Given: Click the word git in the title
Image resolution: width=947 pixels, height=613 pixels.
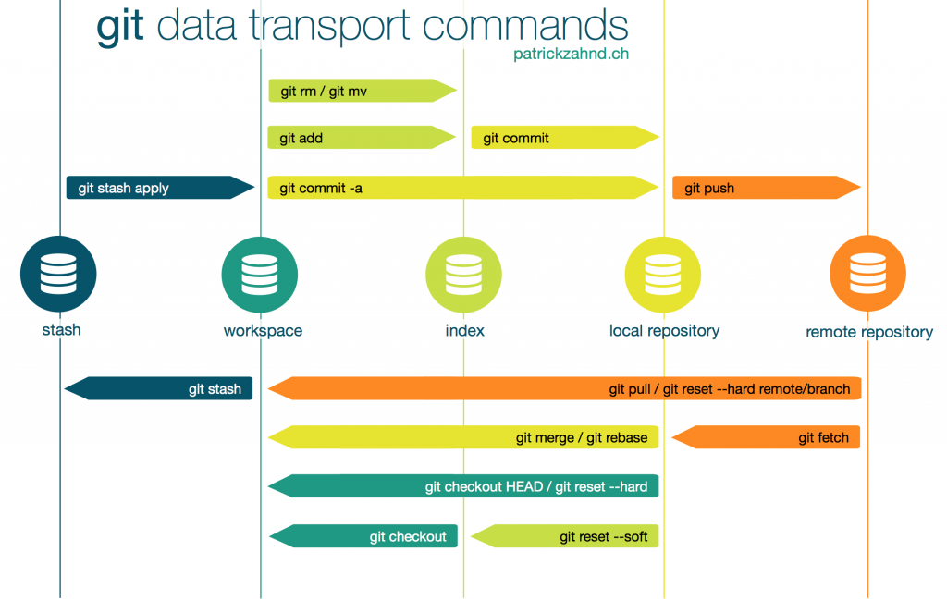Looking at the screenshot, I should (x=120, y=27).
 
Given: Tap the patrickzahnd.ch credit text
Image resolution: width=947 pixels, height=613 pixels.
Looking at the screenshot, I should (x=571, y=55).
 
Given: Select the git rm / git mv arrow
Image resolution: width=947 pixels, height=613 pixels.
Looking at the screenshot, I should (x=361, y=90).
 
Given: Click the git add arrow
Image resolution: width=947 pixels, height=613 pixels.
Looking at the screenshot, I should (x=361, y=138).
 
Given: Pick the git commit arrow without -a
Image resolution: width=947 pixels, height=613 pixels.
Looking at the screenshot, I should (x=564, y=138).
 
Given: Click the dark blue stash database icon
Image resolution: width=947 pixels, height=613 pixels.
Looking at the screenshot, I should (x=58, y=275).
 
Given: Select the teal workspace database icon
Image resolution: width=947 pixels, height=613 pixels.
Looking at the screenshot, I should (x=260, y=275).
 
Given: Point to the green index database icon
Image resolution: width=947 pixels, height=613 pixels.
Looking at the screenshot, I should (x=463, y=275).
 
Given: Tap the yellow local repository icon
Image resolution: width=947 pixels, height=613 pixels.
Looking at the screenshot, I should (x=663, y=275).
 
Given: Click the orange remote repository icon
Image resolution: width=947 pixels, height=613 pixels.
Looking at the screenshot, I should (x=867, y=275).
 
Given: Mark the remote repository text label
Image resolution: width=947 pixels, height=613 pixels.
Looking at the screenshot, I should (x=869, y=332).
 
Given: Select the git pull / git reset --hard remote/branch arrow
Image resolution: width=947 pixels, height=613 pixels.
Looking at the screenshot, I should (x=564, y=388).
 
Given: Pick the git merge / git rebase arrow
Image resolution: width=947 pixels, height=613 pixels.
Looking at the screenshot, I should (x=462, y=437).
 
